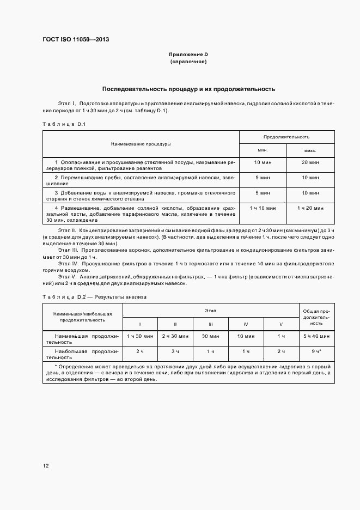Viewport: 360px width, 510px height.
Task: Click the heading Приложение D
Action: point(188,54)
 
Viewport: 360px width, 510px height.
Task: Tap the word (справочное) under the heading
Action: point(188,62)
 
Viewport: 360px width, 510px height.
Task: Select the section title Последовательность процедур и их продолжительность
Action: point(188,88)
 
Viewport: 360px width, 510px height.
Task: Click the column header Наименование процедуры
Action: point(141,144)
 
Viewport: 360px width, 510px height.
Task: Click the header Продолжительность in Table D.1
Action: point(286,137)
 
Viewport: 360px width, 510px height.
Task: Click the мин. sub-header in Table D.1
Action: point(263,150)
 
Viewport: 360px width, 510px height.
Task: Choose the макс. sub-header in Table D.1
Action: point(310,150)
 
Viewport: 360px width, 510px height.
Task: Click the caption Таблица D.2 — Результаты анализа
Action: point(95,296)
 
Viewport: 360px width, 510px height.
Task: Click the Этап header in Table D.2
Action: point(210,310)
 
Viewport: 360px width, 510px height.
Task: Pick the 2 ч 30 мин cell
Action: point(175,337)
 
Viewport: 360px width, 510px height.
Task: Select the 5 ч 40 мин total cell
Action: point(316,337)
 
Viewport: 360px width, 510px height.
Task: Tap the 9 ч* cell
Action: point(316,351)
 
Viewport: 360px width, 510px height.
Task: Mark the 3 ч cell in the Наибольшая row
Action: point(175,351)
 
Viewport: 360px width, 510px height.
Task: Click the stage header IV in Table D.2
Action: point(246,324)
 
